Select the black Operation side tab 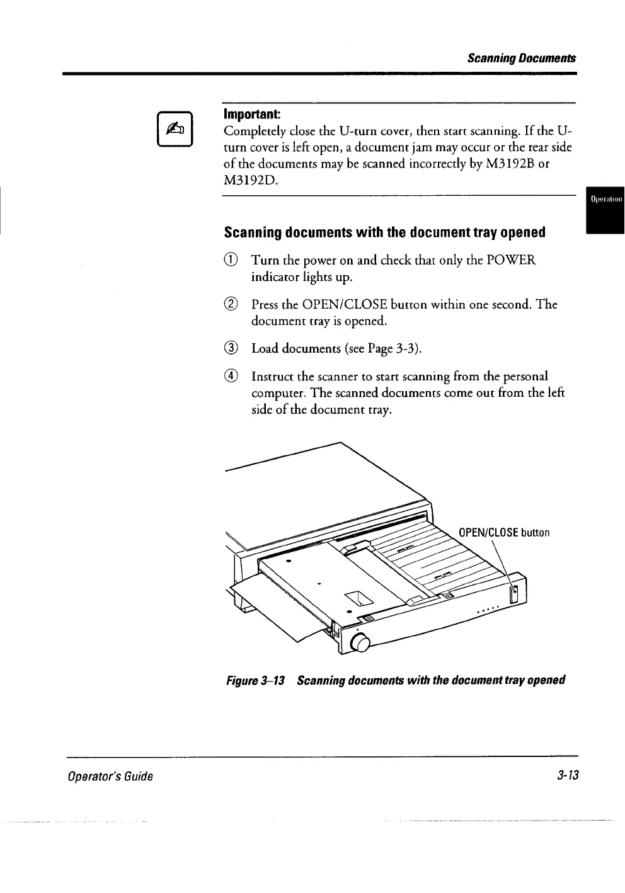point(605,200)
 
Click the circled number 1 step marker point(232,260)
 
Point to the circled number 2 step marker point(232,305)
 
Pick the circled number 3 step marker point(232,348)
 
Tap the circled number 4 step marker point(232,377)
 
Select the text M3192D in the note point(249,181)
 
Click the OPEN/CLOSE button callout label point(504,533)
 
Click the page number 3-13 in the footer point(568,775)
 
